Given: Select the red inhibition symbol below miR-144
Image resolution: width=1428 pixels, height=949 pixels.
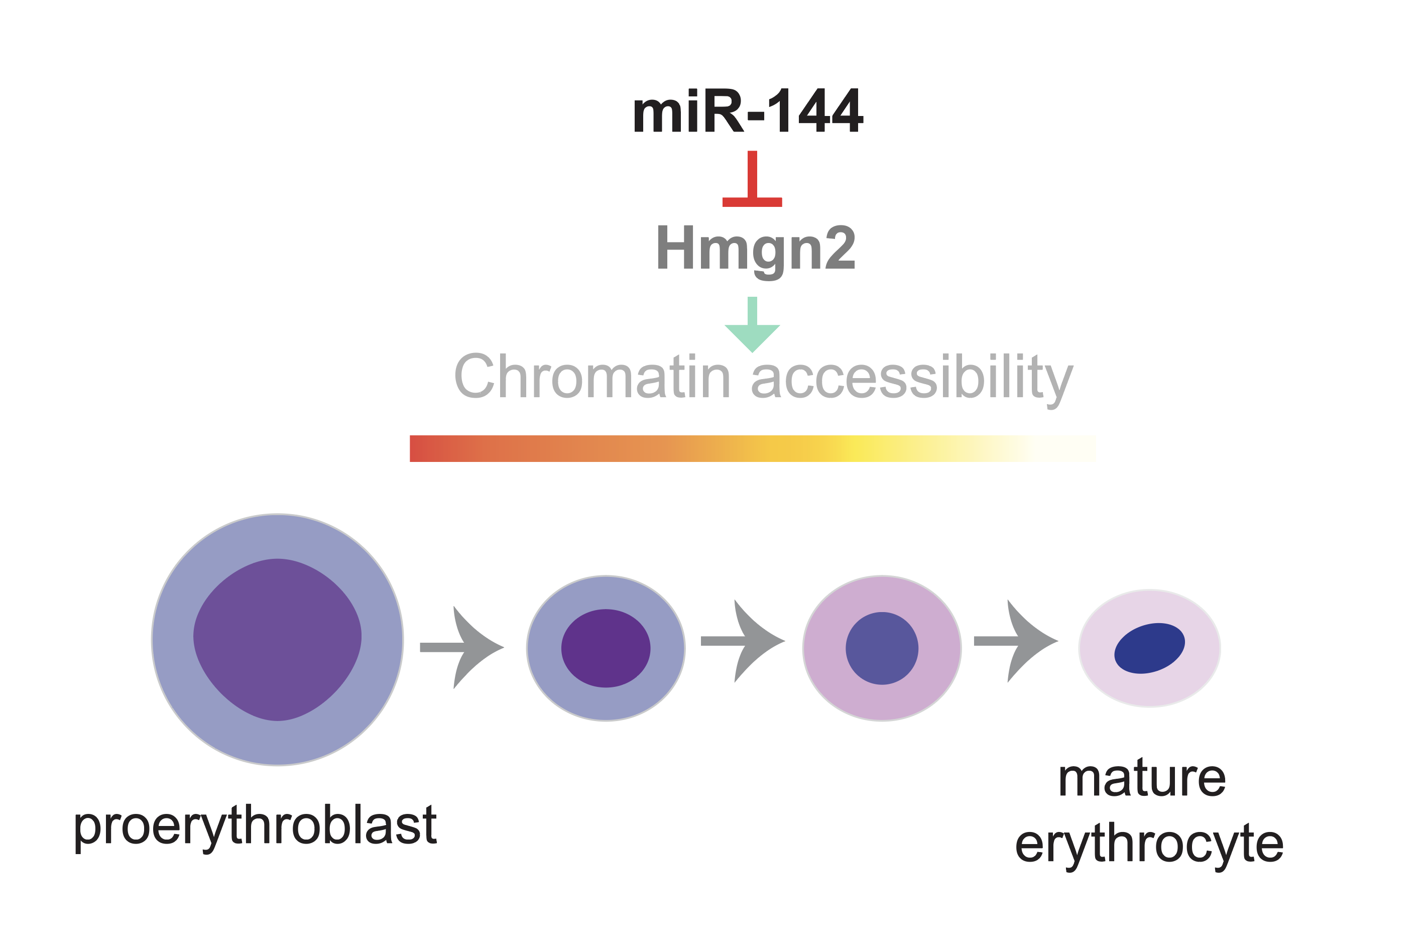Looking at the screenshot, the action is point(752,179).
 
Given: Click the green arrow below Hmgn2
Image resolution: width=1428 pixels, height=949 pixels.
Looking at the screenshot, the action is point(752,324).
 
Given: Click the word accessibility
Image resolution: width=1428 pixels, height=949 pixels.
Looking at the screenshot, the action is point(912,380).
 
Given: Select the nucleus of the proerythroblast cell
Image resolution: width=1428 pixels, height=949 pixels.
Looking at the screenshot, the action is point(277,640).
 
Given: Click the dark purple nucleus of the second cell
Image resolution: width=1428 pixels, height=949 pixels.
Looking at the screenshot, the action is point(606,648).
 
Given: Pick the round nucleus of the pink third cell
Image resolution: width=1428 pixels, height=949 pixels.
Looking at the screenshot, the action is point(882,648).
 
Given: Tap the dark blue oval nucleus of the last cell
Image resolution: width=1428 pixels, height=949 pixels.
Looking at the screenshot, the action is point(1150,648).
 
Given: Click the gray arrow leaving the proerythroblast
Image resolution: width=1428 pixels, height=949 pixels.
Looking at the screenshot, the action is point(461,648).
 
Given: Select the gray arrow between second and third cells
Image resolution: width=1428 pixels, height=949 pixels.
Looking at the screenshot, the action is point(743,641).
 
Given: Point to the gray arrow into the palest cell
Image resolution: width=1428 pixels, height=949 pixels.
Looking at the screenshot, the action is point(1016,641).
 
